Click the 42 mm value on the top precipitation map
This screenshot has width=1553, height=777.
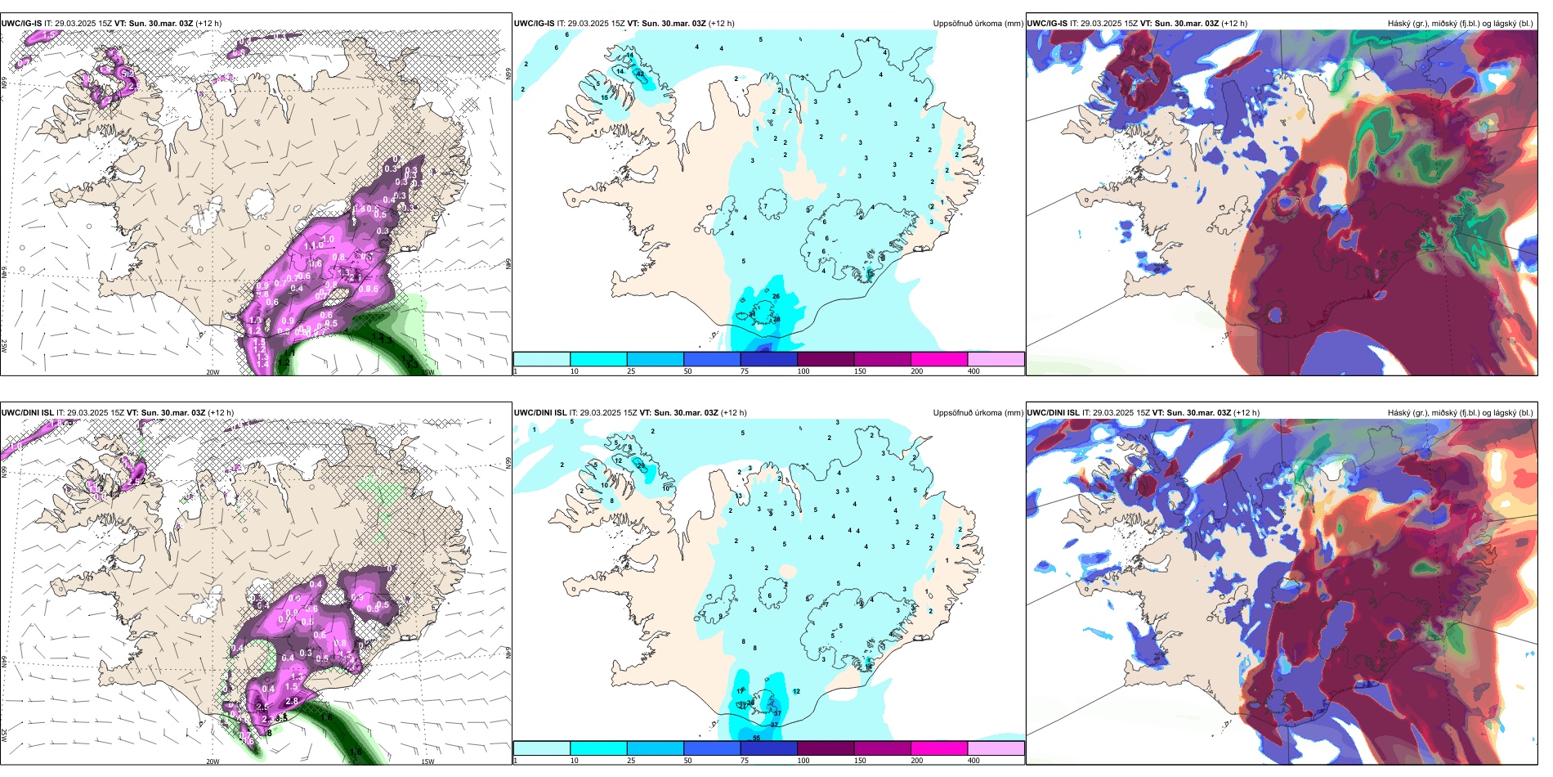tap(640, 74)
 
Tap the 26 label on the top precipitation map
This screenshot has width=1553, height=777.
tap(776, 296)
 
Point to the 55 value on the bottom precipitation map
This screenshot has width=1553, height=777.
tap(756, 738)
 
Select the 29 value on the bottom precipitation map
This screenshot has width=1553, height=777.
tap(641, 465)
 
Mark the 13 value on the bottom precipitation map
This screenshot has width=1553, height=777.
tap(739, 496)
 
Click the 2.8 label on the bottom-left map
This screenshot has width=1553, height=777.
tap(291, 702)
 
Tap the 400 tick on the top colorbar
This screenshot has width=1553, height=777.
tap(973, 371)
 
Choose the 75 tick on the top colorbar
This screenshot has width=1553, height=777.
tap(745, 371)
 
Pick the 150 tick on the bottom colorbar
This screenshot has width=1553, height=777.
tap(860, 761)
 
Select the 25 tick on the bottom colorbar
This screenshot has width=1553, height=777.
tap(631, 761)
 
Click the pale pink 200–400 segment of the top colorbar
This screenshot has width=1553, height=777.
tap(996, 359)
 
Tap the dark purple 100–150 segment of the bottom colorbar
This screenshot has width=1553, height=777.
tap(825, 748)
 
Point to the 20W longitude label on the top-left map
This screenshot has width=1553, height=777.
tap(213, 372)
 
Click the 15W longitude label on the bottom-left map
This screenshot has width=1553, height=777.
tap(427, 761)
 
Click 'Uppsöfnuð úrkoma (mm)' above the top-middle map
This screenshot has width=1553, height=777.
tap(978, 24)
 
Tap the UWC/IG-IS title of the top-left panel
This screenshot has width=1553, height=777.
tap(21, 24)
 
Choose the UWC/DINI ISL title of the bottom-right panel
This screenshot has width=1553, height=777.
tap(1054, 413)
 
